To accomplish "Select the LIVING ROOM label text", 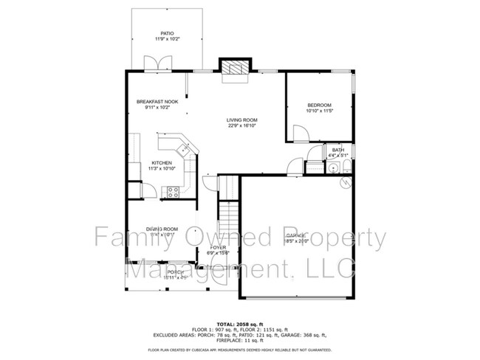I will click(x=241, y=120).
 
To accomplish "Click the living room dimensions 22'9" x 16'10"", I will click(x=241, y=125).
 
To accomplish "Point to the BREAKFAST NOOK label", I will click(x=157, y=101).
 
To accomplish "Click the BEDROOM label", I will click(x=319, y=105).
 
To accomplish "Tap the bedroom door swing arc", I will click(x=301, y=133).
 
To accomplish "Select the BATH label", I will click(x=338, y=150).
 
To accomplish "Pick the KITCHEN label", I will click(x=162, y=163).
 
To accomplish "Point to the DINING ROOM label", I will click(x=161, y=229).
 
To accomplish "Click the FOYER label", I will click(x=219, y=248).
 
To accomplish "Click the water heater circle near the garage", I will click(x=343, y=181).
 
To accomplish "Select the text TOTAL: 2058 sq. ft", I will click(x=240, y=324).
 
